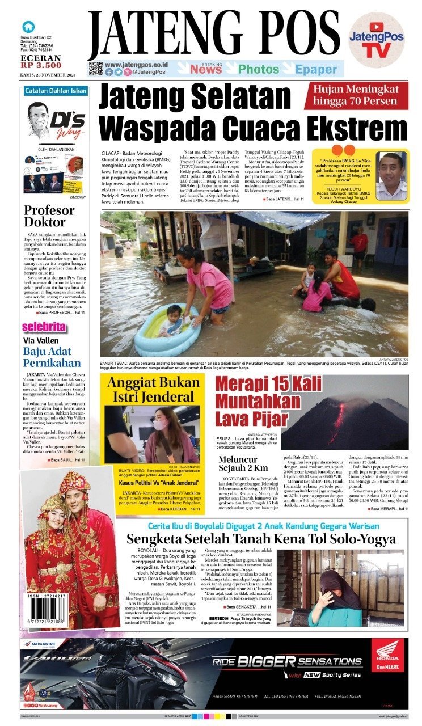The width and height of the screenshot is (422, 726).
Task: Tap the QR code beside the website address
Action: (95, 69)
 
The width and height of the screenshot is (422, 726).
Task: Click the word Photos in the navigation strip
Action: (258, 69)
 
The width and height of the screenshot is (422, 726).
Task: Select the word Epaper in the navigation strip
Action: (315, 69)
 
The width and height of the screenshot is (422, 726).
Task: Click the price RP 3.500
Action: (40, 65)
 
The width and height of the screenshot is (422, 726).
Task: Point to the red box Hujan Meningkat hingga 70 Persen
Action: (356, 95)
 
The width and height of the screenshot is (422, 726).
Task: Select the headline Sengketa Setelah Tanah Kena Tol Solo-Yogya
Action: (261, 538)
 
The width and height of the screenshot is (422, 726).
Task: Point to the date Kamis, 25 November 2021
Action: (48, 75)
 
